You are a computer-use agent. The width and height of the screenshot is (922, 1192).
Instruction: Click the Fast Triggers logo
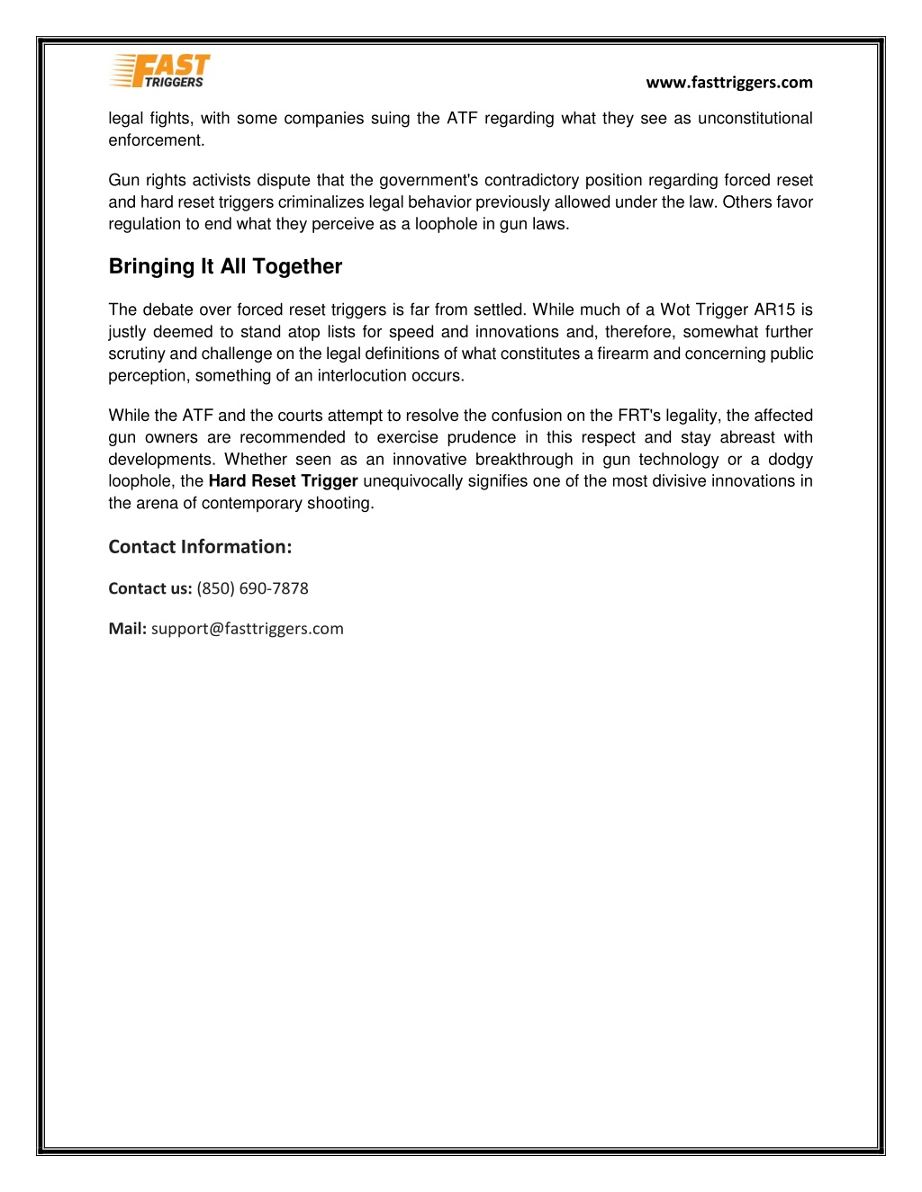pyautogui.click(x=160, y=71)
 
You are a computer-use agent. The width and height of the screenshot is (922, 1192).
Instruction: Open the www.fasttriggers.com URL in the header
pyautogui.click(x=728, y=83)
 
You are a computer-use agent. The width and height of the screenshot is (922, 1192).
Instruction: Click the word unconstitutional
pyautogui.click(x=755, y=119)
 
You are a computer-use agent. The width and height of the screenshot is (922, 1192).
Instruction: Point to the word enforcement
pyautogui.click(x=155, y=140)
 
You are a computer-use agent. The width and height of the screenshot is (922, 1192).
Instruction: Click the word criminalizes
pyautogui.click(x=320, y=202)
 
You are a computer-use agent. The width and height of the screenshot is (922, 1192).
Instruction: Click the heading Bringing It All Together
pyautogui.click(x=225, y=266)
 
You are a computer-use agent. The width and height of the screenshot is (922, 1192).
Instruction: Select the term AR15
pyautogui.click(x=775, y=310)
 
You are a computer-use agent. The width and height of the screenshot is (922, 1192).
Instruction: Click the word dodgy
pyautogui.click(x=791, y=460)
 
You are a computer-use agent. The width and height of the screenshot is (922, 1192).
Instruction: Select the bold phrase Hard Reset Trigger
pyautogui.click(x=283, y=481)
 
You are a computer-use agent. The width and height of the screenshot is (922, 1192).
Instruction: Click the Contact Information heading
pyautogui.click(x=200, y=547)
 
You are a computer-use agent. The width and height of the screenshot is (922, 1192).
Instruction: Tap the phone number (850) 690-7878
pyautogui.click(x=252, y=588)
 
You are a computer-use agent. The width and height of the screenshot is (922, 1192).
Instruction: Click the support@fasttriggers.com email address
pyautogui.click(x=247, y=629)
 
